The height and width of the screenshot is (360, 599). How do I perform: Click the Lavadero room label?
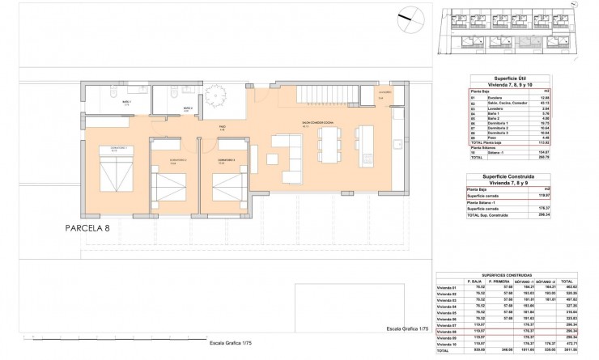point(384,93)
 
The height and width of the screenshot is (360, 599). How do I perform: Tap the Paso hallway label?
point(221,127)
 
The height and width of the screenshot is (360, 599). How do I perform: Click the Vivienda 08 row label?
point(448,331)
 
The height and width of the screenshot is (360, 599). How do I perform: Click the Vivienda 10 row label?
point(448,344)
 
